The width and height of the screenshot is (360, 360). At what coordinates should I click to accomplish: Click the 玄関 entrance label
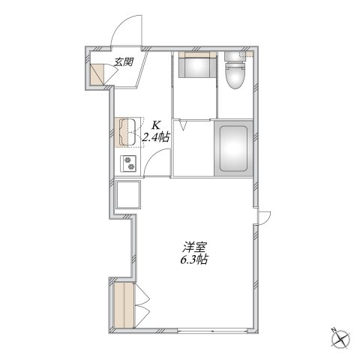tap(124, 64)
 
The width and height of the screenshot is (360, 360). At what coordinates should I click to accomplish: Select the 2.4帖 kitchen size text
tap(156, 138)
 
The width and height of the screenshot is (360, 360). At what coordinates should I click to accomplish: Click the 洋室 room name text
tap(193, 247)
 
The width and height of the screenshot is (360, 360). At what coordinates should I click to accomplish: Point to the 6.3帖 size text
tap(193, 260)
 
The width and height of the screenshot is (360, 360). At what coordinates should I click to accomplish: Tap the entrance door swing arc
tap(124, 34)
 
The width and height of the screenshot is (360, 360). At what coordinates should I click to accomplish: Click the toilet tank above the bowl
tap(234, 58)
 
